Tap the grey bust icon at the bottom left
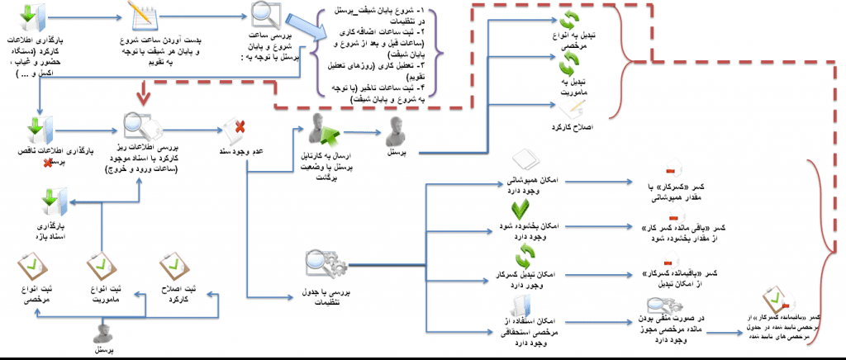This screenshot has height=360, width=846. pyautogui.click(x=102, y=332)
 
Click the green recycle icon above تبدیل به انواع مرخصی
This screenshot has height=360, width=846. pyautogui.click(x=568, y=21)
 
